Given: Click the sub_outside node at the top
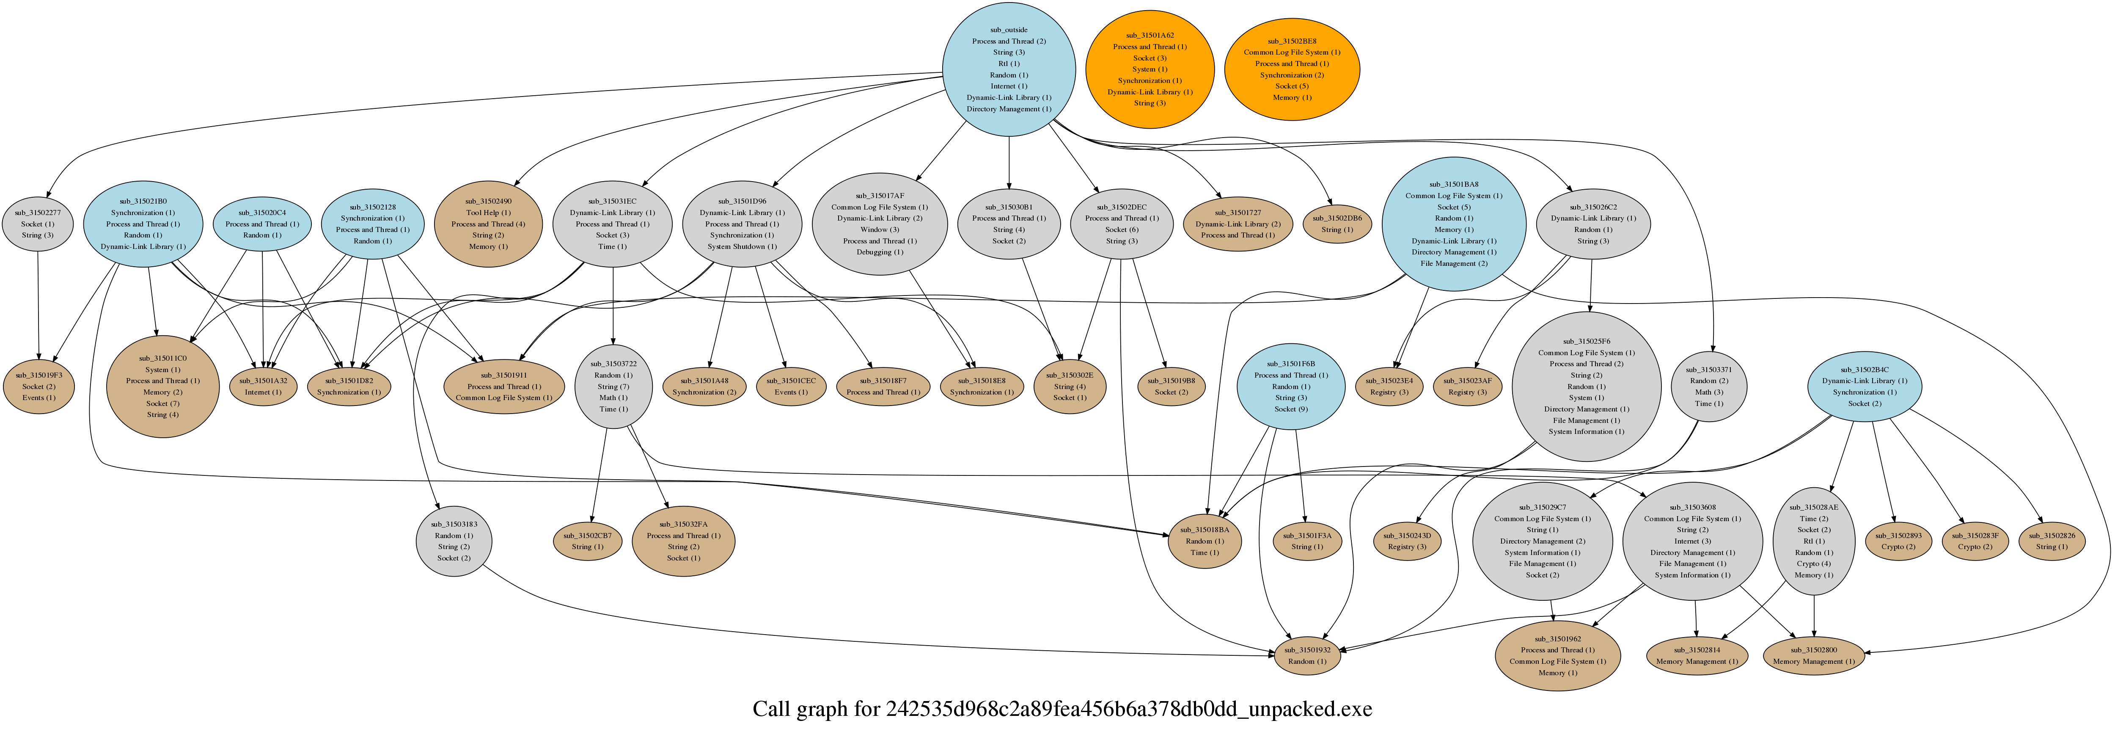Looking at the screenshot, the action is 1009,69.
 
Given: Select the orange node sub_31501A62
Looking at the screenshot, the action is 1150,69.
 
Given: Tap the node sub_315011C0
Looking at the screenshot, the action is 162,387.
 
